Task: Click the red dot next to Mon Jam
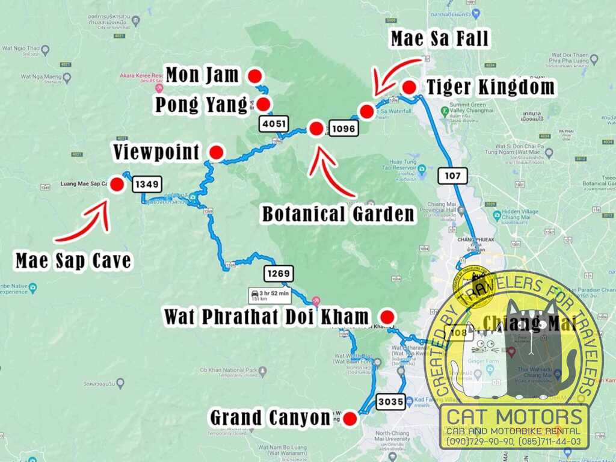(254, 76)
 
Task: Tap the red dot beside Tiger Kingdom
(409, 87)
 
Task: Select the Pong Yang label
(201, 105)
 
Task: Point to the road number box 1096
(343, 128)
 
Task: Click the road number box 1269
(279, 274)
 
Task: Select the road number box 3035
(391, 401)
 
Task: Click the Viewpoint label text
(156, 152)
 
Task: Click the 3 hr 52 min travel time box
(269, 295)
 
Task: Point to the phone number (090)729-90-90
(478, 442)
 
